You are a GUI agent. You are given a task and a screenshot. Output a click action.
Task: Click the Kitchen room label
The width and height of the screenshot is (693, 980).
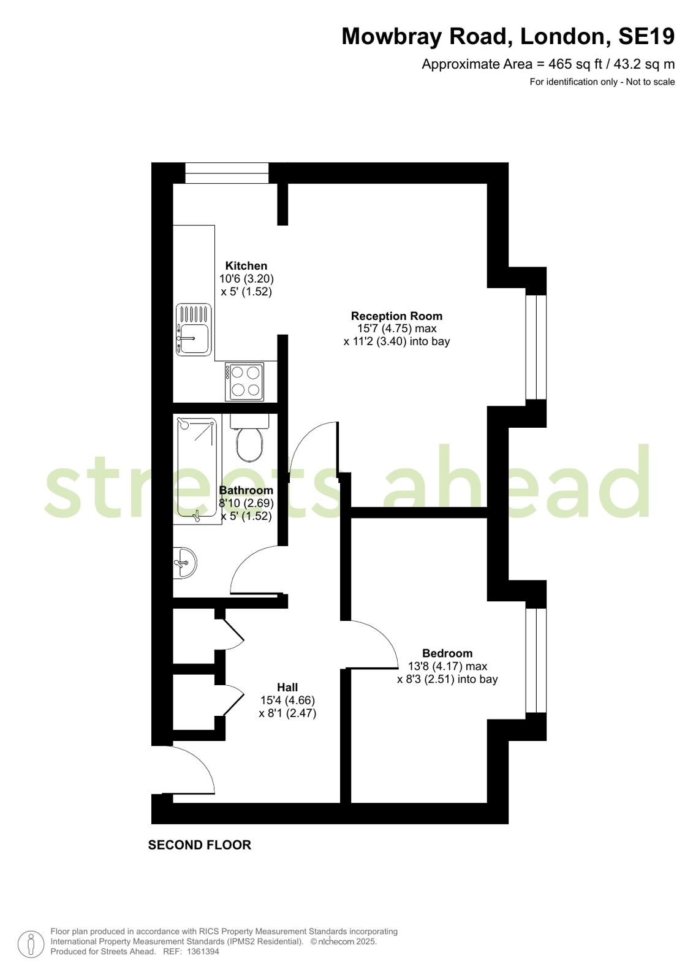click(x=246, y=265)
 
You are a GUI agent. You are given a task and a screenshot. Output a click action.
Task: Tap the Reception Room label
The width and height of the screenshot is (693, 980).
click(x=396, y=316)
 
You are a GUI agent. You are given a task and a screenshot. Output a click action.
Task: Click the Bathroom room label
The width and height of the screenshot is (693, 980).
click(x=246, y=490)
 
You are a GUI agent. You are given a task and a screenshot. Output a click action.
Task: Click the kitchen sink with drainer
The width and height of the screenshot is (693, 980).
click(x=194, y=330)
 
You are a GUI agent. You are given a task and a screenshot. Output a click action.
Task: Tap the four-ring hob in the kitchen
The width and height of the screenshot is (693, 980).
click(x=244, y=381)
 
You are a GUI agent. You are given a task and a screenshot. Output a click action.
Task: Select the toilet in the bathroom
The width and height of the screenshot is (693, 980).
click(x=249, y=438)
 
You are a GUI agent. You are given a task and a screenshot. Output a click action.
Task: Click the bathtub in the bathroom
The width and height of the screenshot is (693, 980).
click(x=197, y=469)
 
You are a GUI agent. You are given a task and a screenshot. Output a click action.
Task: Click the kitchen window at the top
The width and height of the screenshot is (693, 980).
click(x=227, y=173)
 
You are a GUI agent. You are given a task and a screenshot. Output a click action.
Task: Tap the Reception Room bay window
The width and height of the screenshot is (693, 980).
click(x=536, y=348)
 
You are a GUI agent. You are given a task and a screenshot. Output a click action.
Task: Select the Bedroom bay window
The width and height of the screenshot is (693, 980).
click(x=536, y=661)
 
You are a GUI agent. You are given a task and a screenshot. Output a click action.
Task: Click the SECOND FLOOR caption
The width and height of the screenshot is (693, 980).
click(x=200, y=845)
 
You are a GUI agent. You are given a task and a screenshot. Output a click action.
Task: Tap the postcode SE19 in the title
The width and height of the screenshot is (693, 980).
click(x=646, y=36)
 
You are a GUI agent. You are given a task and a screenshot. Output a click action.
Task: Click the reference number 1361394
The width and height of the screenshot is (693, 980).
click(x=203, y=951)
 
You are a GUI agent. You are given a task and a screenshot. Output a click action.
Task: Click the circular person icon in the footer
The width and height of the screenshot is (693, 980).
click(x=31, y=944)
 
